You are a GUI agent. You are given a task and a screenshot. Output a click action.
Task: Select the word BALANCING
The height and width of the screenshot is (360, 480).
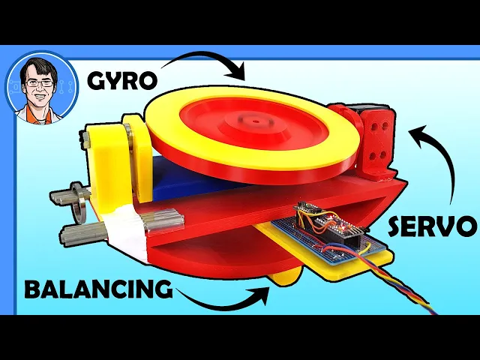click(x=97, y=289)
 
